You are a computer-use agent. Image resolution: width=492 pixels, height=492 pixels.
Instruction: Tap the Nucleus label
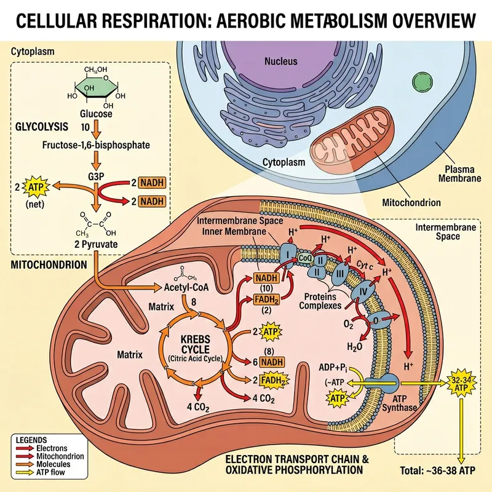point(280,61)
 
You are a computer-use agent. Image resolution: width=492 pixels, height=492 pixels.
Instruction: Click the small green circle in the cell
point(423,82)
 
